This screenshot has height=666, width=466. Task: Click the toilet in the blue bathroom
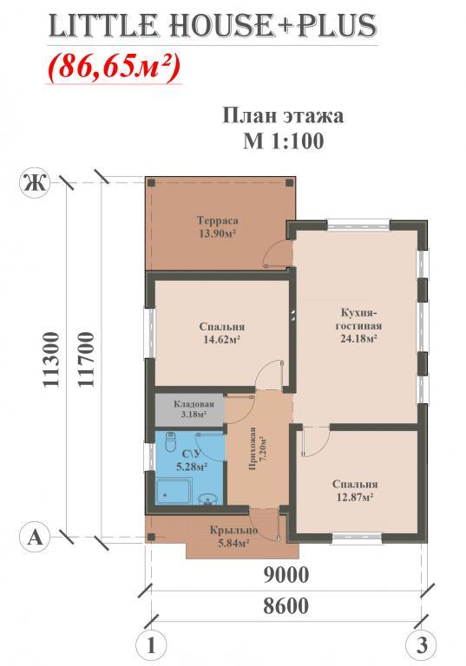(x=170, y=442)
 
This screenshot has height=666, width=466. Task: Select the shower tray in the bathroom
(x=174, y=491)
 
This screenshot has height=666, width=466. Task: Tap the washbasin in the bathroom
(x=208, y=499)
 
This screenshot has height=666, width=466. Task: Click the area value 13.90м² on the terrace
(x=217, y=233)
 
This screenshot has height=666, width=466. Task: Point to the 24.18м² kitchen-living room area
(x=359, y=339)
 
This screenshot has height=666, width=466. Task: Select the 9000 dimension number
(x=286, y=575)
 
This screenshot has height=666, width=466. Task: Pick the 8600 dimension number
(x=286, y=605)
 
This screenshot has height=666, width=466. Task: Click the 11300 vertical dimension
(x=51, y=359)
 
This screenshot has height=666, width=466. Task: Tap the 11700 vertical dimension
(x=86, y=359)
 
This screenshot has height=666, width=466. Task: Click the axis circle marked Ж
(x=35, y=184)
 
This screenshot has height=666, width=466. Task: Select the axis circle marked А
(x=35, y=538)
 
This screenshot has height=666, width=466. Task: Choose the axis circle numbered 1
(x=151, y=645)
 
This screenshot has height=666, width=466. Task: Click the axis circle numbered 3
(x=421, y=645)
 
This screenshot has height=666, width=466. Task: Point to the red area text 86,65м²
(x=115, y=67)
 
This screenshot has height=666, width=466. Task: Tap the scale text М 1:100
(x=283, y=140)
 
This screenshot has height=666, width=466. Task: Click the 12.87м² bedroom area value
(x=355, y=497)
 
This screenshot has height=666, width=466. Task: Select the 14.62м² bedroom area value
(x=221, y=339)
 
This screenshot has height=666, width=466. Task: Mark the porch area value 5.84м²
(x=233, y=543)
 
